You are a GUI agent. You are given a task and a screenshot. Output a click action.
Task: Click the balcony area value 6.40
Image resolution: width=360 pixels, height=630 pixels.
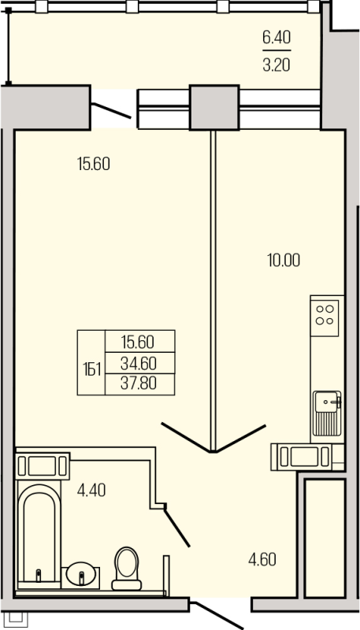(x=276, y=38)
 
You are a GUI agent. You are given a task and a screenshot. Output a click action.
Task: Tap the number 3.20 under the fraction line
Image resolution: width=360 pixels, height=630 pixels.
(x=276, y=65)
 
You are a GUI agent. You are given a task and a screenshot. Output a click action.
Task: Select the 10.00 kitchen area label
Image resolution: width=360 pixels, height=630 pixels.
(x=284, y=261)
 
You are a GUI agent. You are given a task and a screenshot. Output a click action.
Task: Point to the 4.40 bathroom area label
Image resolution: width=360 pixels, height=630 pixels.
(x=91, y=491)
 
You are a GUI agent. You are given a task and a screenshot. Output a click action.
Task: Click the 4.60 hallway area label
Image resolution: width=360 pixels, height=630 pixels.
(x=262, y=560)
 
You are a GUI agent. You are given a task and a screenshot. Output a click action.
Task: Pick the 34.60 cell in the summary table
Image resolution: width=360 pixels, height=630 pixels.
(x=138, y=364)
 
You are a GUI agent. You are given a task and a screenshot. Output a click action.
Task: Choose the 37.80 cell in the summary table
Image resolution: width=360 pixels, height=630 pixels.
(x=138, y=384)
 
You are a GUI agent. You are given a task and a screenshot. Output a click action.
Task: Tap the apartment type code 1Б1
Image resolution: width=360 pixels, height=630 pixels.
(x=91, y=369)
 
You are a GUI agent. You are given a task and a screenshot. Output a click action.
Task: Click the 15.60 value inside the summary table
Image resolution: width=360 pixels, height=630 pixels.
(x=138, y=343)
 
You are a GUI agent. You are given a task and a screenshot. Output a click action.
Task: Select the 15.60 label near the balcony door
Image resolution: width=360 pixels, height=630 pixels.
(x=93, y=164)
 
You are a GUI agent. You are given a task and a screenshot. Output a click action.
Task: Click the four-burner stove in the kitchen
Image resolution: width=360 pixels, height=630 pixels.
(x=325, y=314)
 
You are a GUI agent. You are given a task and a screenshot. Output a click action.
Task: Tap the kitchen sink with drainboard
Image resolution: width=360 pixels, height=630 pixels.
(x=327, y=414)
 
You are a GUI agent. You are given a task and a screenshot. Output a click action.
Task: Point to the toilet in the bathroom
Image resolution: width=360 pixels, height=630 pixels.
(x=127, y=568)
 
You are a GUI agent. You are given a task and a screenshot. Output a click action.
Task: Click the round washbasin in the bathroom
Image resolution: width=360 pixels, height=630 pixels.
(x=81, y=574)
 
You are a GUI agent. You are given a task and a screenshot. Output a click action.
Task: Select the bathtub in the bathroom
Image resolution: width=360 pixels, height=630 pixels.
(x=39, y=536)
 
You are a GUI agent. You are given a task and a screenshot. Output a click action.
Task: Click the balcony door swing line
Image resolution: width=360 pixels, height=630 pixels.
(x=111, y=110)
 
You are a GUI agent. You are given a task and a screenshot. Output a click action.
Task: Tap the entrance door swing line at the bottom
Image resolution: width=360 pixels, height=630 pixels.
(x=217, y=616)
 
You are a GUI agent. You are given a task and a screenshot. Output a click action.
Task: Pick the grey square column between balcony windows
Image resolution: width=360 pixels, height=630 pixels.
(x=214, y=107)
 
